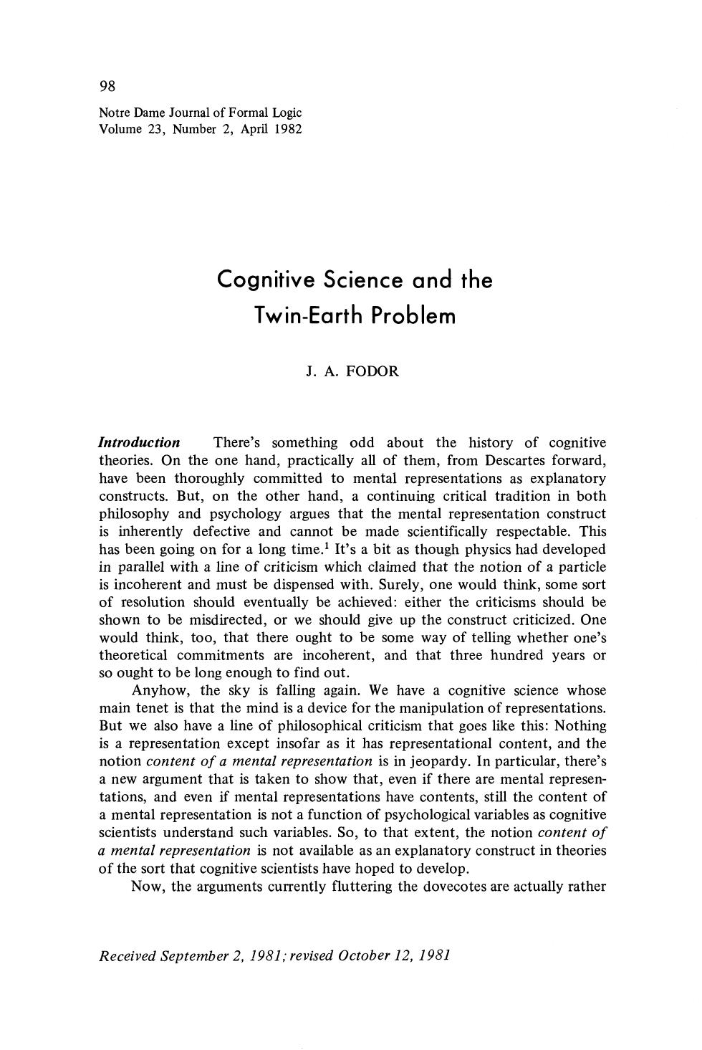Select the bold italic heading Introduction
coord(139,443)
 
